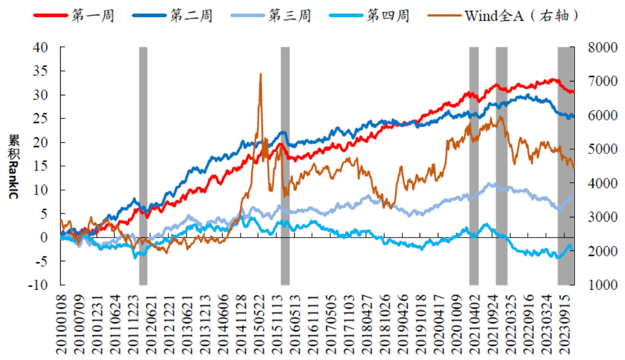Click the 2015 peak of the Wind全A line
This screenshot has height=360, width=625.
[260, 74]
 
